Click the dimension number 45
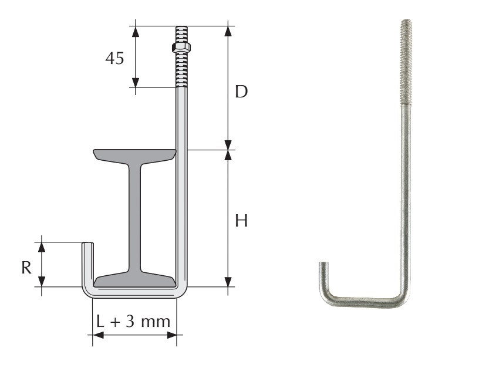click(114, 58)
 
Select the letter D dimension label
click(241, 92)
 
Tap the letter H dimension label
click(241, 221)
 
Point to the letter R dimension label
click(26, 268)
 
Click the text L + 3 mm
click(133, 321)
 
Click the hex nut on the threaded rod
click(181, 48)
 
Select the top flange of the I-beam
click(135, 155)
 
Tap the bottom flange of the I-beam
click(135, 280)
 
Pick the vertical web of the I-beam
click(135, 217)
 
